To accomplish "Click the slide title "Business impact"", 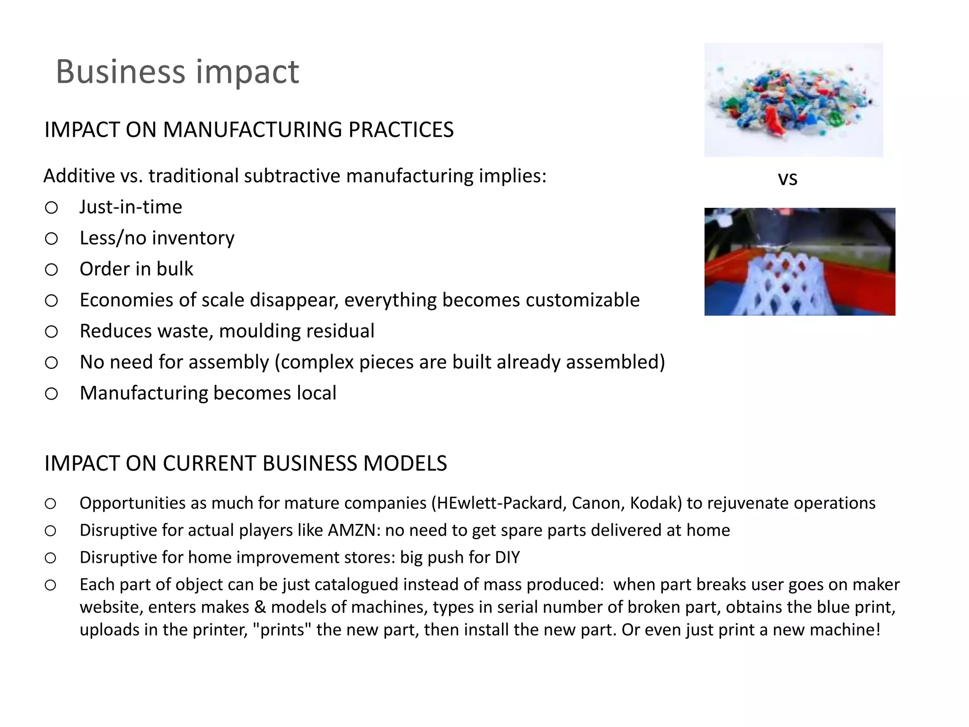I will click(x=177, y=72).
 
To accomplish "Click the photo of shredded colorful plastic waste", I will click(x=793, y=100).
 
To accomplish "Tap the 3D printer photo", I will click(x=800, y=262).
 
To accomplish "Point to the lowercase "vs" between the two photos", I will click(x=788, y=178).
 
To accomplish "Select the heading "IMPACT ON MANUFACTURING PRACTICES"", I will click(x=249, y=130).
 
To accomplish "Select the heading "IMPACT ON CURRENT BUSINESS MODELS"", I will click(x=246, y=463).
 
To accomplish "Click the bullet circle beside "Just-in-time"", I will click(x=52, y=207).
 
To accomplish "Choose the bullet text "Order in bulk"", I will click(x=136, y=269).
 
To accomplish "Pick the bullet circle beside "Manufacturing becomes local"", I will click(x=52, y=393).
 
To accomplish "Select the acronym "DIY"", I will click(x=507, y=558).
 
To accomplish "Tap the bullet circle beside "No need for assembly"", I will click(x=52, y=363).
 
